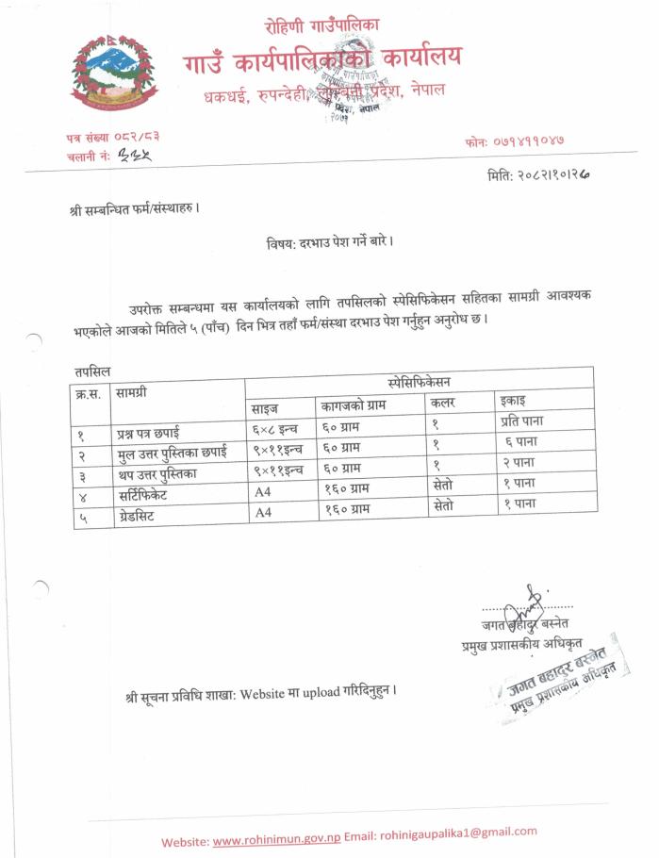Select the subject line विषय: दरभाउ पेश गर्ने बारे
click(329, 242)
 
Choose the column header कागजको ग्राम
click(354, 404)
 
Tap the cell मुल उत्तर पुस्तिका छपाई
click(172, 454)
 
